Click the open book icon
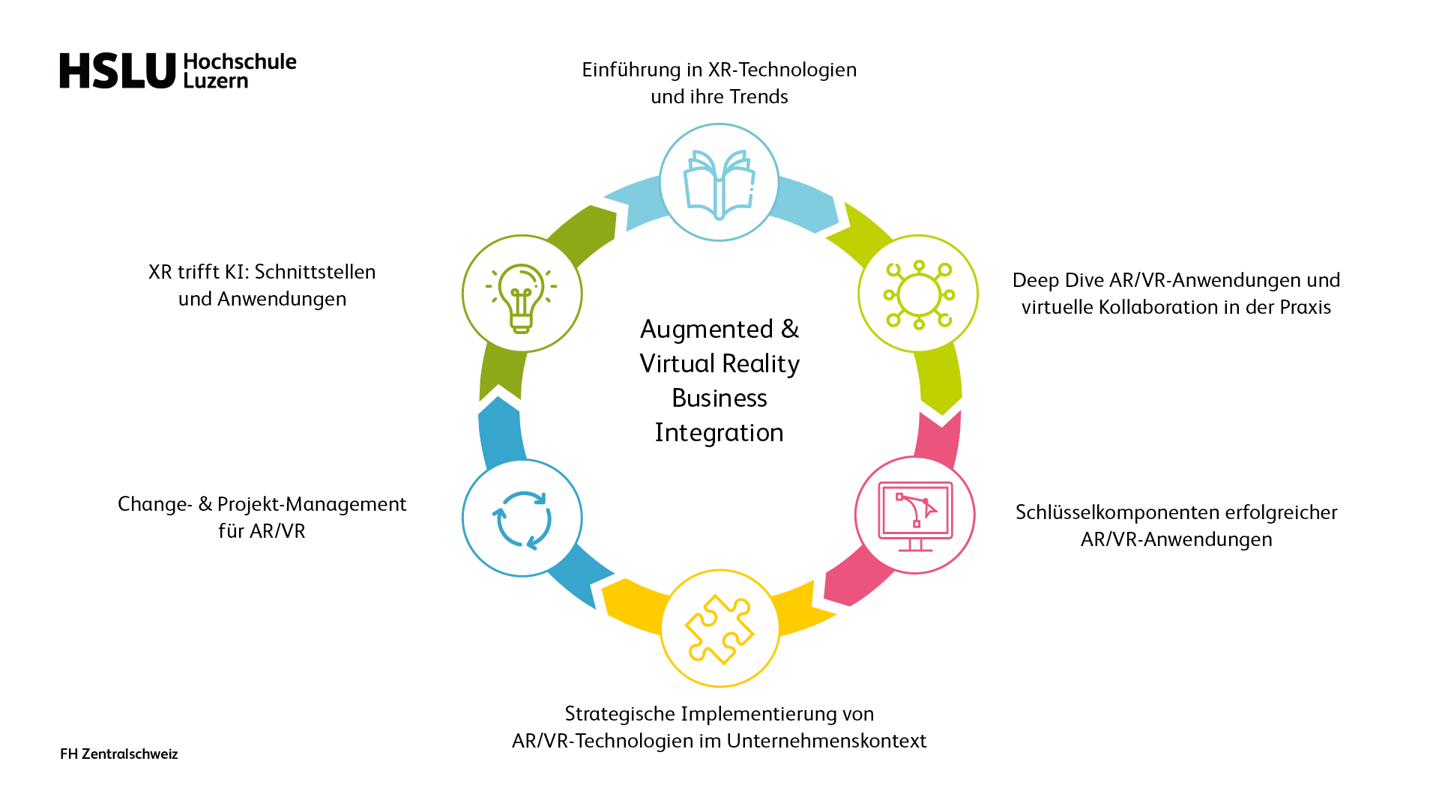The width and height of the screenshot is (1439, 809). pyautogui.click(x=719, y=184)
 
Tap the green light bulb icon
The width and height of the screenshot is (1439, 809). pyautogui.click(x=522, y=295)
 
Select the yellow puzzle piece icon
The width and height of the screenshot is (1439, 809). pyautogui.click(x=719, y=629)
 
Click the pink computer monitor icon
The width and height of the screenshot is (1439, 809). pyautogui.click(x=915, y=516)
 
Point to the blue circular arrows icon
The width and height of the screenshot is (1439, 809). pyautogui.click(x=522, y=519)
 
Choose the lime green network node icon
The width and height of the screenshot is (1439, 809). pyautogui.click(x=918, y=294)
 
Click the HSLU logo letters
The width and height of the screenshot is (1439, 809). pyautogui.click(x=117, y=71)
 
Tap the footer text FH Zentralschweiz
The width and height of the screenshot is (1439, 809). pyautogui.click(x=118, y=754)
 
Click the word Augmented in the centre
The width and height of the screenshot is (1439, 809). pyautogui.click(x=707, y=330)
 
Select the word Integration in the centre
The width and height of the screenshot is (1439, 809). pyautogui.click(x=719, y=433)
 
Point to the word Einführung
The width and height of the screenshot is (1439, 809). pyautogui.click(x=631, y=70)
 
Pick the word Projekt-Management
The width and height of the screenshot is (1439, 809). pyautogui.click(x=312, y=504)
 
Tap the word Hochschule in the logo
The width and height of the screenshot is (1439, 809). pyautogui.click(x=240, y=61)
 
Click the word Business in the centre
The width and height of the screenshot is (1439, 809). pyautogui.click(x=719, y=399)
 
